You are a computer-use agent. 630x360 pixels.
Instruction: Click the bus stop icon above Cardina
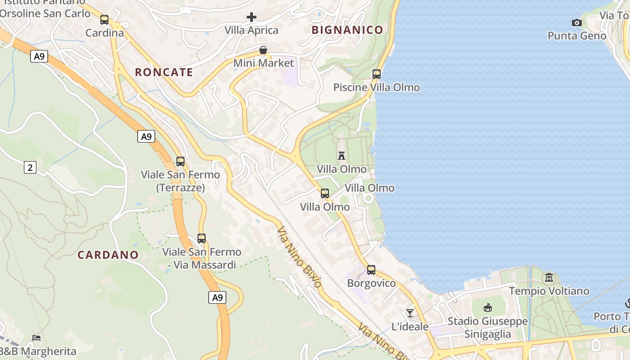coord(104,20)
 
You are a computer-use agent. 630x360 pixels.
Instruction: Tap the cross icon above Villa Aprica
coord(252,18)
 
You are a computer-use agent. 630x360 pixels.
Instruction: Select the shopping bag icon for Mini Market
coord(263,50)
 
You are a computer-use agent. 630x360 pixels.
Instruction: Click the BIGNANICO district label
coord(347,30)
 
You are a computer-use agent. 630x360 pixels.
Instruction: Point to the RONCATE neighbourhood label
coord(164,72)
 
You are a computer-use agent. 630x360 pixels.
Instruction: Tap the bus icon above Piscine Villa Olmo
coord(377,74)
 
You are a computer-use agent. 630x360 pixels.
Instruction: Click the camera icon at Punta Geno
coord(576,22)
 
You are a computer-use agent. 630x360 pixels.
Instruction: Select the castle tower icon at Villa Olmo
coord(342,156)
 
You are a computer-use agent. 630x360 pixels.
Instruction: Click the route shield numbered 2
coord(30,168)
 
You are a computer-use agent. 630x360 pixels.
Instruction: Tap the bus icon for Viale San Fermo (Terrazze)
coord(180,162)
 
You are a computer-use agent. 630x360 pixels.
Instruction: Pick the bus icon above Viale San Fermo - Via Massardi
coord(202,238)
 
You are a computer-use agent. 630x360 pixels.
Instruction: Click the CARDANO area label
coord(108,255)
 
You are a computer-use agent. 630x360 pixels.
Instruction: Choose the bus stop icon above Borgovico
coord(371,270)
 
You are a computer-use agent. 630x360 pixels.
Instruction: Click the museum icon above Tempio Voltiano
coord(549,277)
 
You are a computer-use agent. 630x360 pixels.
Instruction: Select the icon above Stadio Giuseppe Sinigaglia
coord(487,308)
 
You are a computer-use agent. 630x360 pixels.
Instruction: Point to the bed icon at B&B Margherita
coord(36,337)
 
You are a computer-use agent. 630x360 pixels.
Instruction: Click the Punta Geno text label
coord(577,36)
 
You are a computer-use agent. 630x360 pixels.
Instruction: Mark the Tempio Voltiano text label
coord(549,291)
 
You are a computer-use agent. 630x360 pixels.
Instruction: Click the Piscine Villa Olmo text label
coord(377,87)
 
